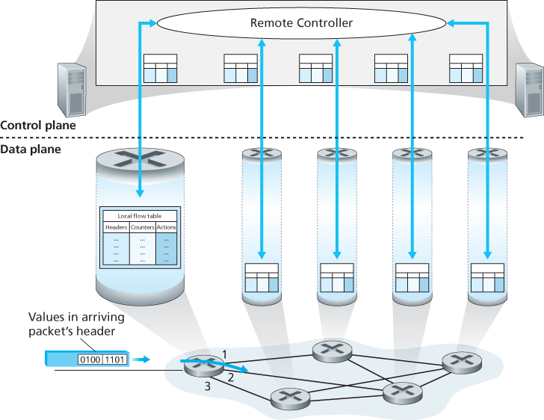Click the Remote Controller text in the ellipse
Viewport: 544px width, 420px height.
301,23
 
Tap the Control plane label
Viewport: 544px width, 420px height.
38,126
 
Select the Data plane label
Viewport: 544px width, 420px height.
31,149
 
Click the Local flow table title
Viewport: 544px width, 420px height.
140,216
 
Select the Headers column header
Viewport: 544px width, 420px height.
116,227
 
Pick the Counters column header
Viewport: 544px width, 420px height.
142,227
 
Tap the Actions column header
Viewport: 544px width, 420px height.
167,227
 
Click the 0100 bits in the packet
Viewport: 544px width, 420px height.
90,360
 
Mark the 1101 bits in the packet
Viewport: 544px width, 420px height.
114,360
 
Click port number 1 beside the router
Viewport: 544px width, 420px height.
223,353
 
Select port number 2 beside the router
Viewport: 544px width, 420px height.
231,378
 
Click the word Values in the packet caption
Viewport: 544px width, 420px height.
46,317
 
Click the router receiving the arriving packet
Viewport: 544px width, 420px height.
203,364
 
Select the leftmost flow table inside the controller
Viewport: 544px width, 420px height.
161,68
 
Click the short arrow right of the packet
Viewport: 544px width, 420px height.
139,360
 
